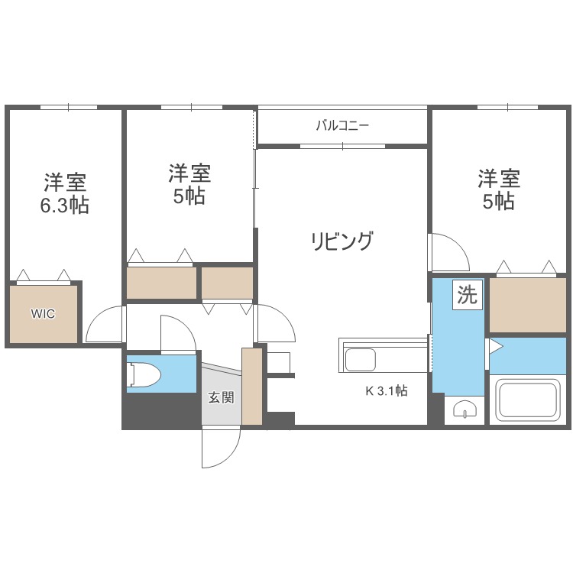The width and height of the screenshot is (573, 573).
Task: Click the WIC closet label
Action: (x=43, y=313)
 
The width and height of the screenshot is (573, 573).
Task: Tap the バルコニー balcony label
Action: (x=343, y=126)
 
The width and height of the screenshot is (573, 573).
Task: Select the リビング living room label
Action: (x=342, y=241)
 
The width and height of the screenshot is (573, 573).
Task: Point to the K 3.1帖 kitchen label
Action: (x=386, y=390)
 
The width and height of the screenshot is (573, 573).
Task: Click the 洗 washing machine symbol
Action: (x=467, y=295)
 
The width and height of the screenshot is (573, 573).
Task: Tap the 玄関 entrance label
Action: (x=221, y=397)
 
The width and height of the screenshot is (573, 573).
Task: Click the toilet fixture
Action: (x=144, y=374)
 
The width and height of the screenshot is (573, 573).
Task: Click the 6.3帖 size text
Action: (x=65, y=206)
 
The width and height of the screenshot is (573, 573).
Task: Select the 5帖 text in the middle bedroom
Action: (x=189, y=196)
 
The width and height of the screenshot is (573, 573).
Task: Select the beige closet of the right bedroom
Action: (x=526, y=305)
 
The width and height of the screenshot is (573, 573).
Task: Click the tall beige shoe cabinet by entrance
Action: (x=251, y=386)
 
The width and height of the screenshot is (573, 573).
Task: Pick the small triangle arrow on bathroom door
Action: (x=494, y=347)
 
